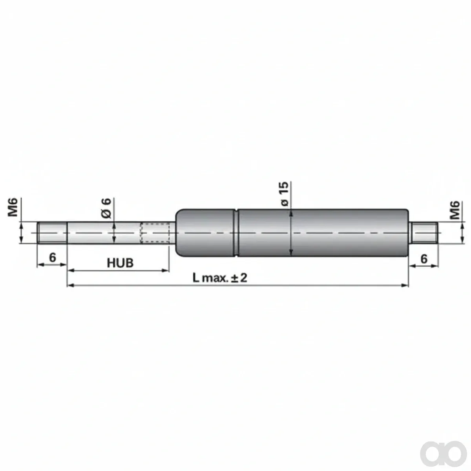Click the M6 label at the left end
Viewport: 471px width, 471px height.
pyautogui.click(x=13, y=207)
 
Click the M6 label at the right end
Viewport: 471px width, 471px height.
pyautogui.click(x=455, y=210)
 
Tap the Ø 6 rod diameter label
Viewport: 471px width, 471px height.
pyautogui.click(x=106, y=208)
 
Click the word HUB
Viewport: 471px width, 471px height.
pyautogui.click(x=120, y=263)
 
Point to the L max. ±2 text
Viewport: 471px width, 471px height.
pyautogui.click(x=220, y=278)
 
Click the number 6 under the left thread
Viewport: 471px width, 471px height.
pyautogui.click(x=53, y=257)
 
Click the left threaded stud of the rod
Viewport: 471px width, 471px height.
pyautogui.click(x=52, y=232)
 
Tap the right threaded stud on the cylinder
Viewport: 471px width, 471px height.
pyautogui.click(x=423, y=232)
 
